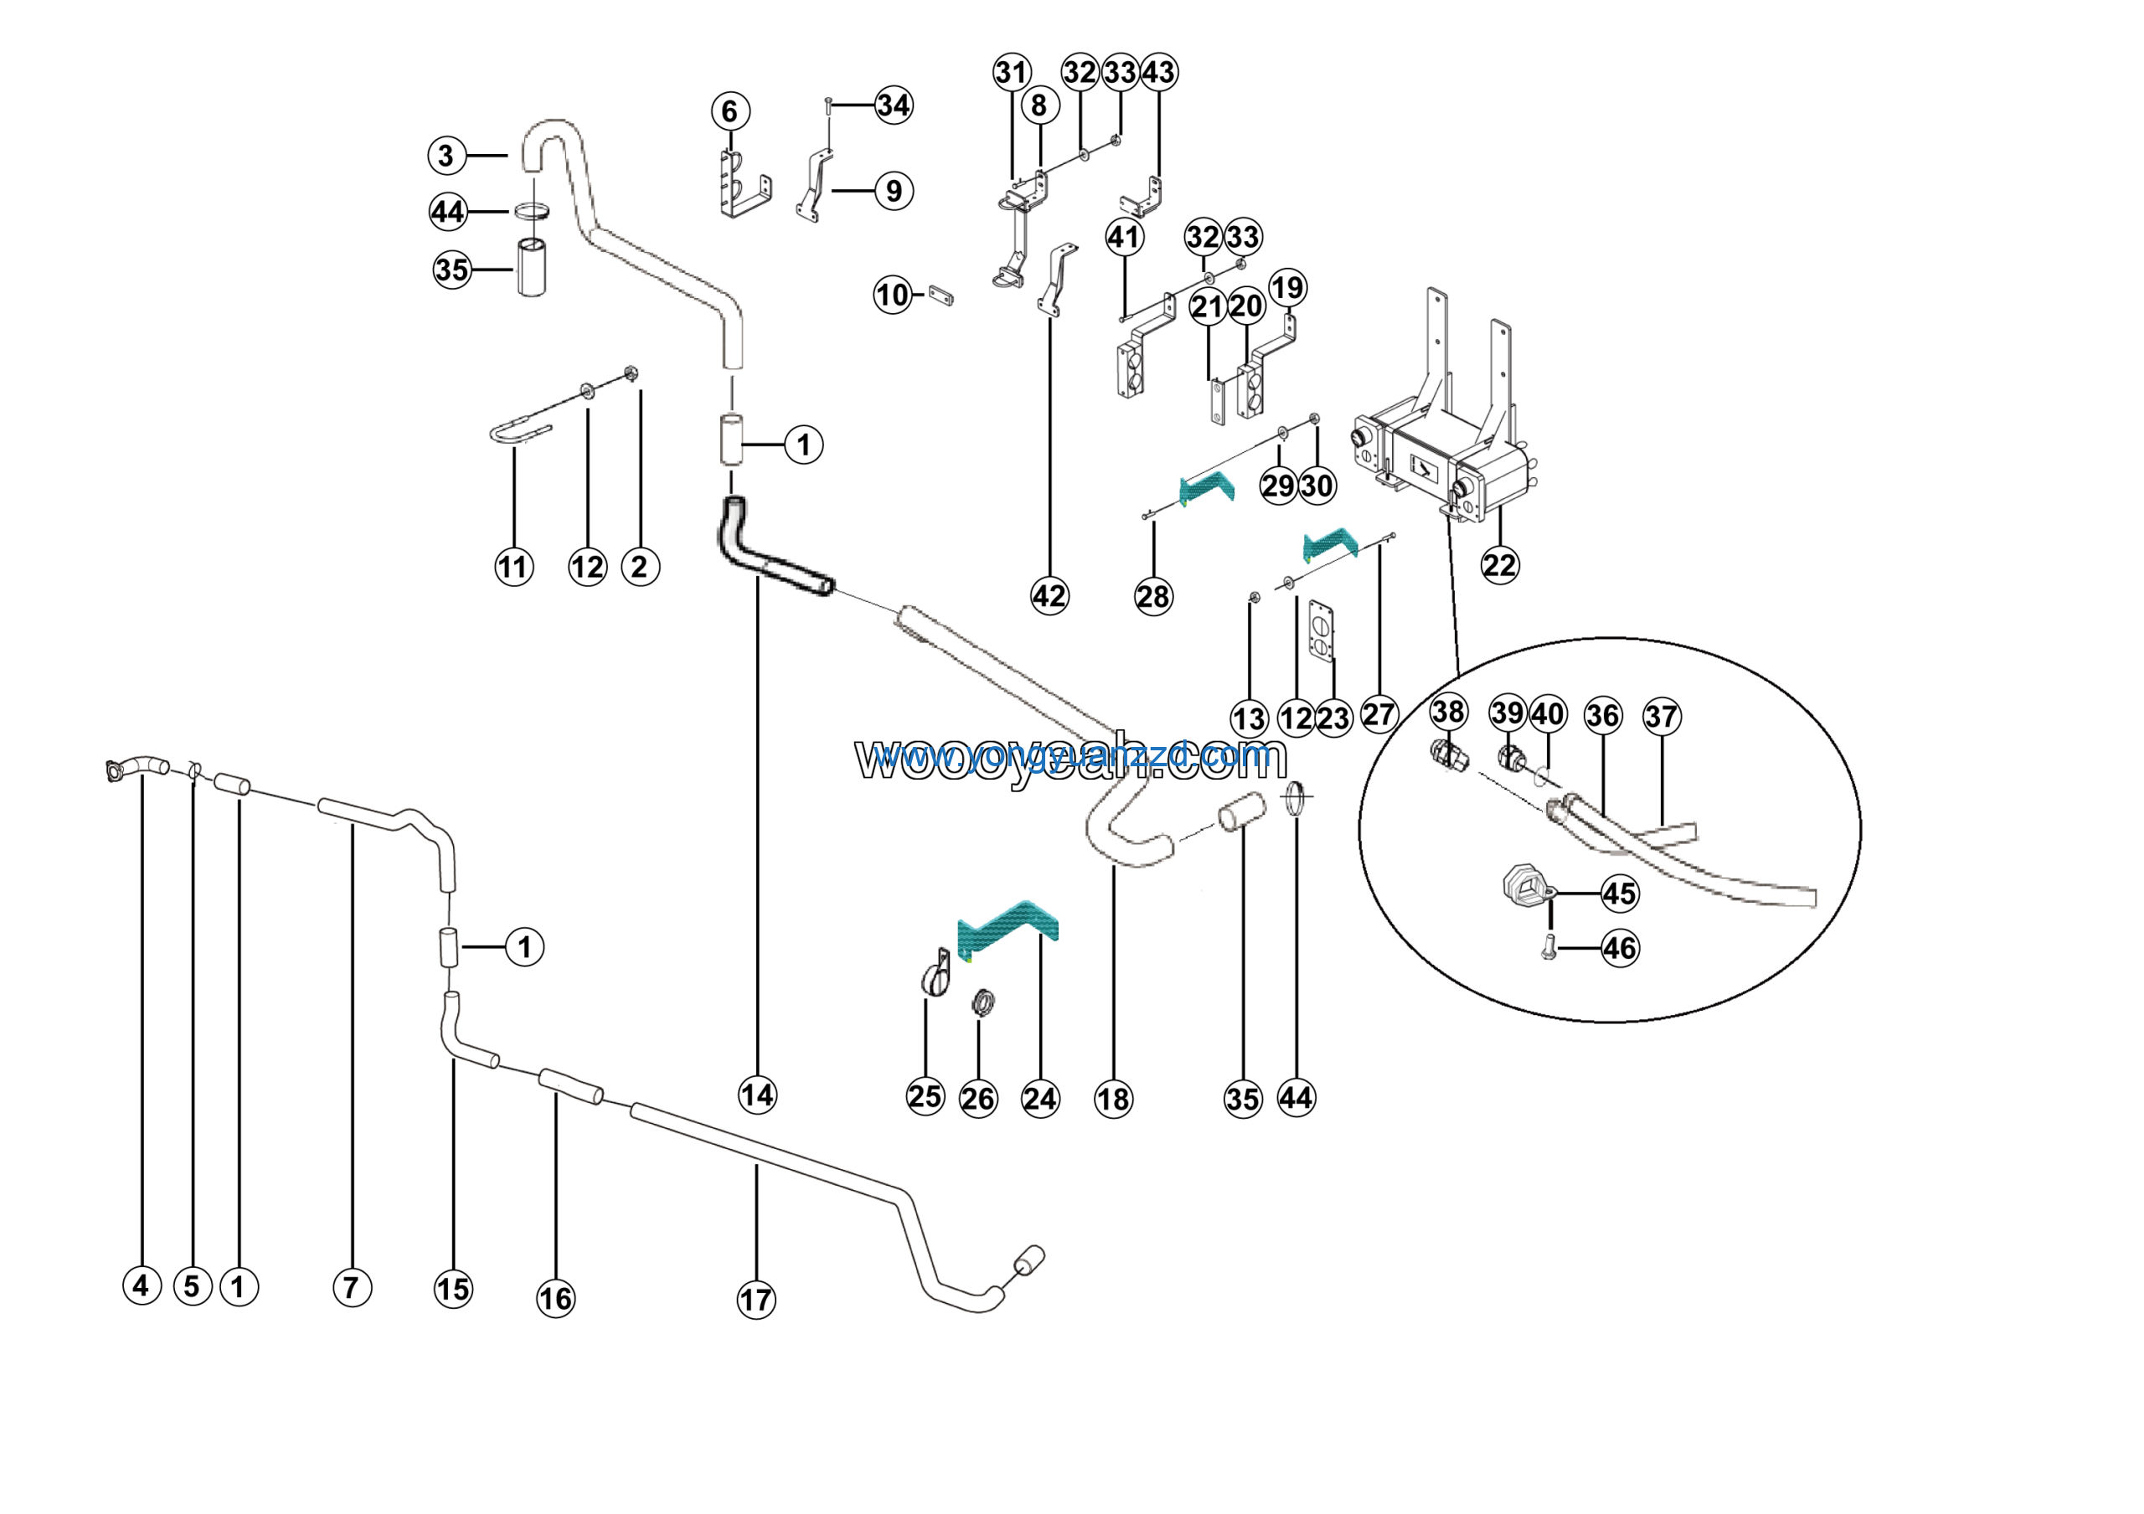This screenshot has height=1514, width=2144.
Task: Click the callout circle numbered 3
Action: pyautogui.click(x=446, y=156)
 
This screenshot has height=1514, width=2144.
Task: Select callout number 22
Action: pyautogui.click(x=1500, y=565)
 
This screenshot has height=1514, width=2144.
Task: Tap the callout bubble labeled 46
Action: pyautogui.click(x=1620, y=949)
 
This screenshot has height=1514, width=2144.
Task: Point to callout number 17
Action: pyautogui.click(x=756, y=1300)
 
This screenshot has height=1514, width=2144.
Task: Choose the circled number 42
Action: pyautogui.click(x=1049, y=595)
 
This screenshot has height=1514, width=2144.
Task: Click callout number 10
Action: pyautogui.click(x=893, y=296)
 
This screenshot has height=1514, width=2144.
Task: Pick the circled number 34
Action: pyautogui.click(x=894, y=105)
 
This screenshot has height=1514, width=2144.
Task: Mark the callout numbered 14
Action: pyautogui.click(x=757, y=1095)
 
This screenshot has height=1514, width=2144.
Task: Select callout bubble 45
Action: pyautogui.click(x=1620, y=893)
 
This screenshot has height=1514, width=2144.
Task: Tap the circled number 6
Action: pyautogui.click(x=730, y=111)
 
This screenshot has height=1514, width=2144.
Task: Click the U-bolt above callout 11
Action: pyautogui.click(x=520, y=432)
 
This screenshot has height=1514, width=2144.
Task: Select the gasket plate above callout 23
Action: pyautogui.click(x=1322, y=632)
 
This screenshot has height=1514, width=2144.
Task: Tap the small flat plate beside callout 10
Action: pyautogui.click(x=941, y=296)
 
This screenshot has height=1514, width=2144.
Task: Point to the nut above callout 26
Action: pyautogui.click(x=982, y=1003)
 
